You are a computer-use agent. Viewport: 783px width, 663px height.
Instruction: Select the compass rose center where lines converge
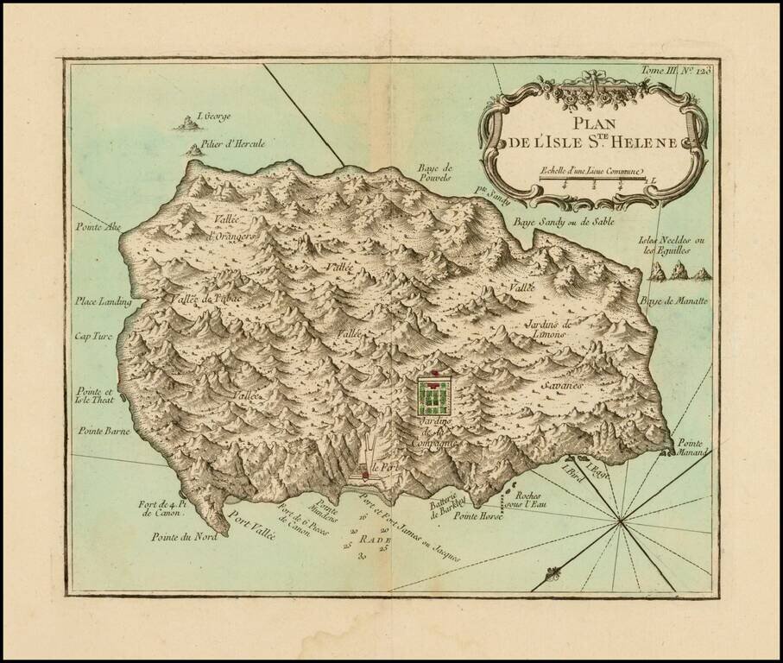(x=621, y=521)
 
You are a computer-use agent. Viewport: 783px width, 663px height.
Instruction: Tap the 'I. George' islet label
(x=213, y=117)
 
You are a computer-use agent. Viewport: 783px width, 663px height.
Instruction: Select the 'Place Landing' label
(x=102, y=301)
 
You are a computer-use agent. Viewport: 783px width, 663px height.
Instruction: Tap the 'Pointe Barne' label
(x=102, y=430)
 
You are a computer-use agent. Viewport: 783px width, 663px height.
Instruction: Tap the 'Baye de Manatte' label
(x=674, y=300)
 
